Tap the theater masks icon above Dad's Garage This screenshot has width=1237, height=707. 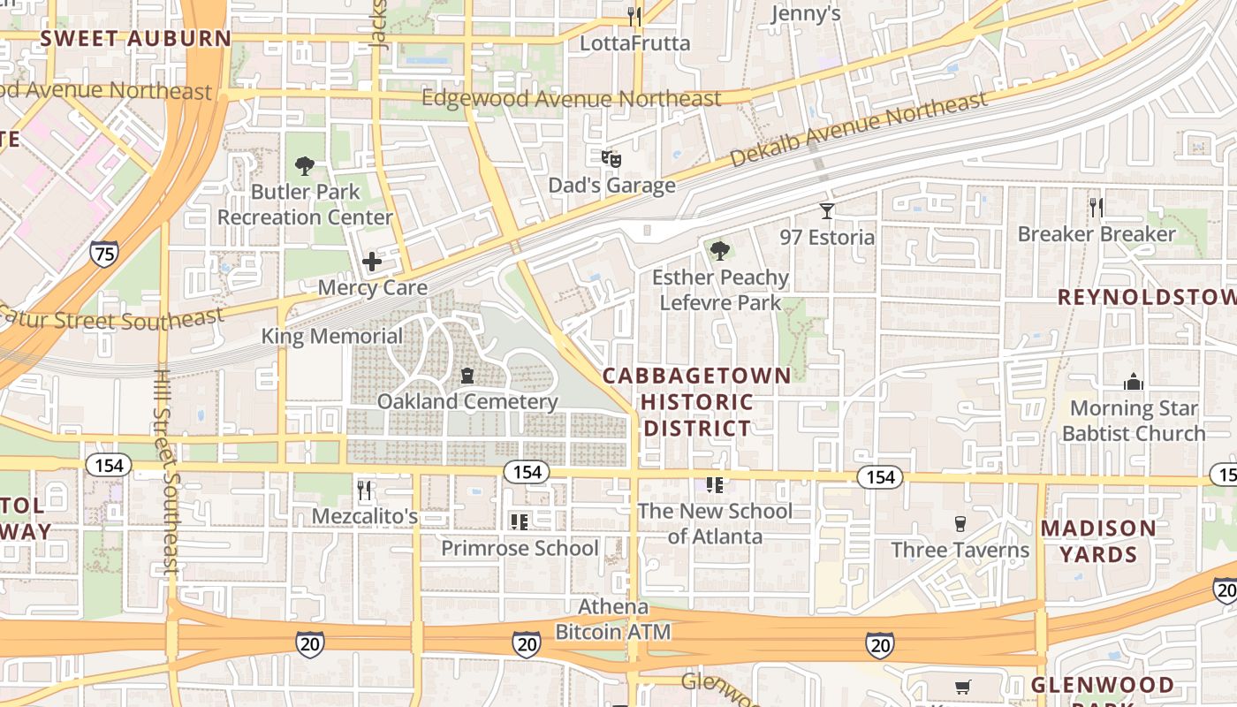click(x=611, y=159)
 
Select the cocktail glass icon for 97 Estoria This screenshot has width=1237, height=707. click(x=826, y=210)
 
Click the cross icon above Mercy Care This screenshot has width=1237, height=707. click(x=372, y=262)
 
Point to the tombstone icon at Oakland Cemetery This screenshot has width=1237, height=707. click(x=467, y=376)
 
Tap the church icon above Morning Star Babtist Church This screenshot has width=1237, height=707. click(x=1134, y=382)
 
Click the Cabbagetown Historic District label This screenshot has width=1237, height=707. click(x=697, y=402)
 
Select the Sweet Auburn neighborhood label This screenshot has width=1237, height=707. click(x=135, y=39)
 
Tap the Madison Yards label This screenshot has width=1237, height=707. click(x=1098, y=542)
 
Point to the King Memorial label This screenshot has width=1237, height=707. click(x=331, y=337)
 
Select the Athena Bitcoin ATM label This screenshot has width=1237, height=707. click(x=613, y=620)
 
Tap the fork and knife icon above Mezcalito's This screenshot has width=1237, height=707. click(x=364, y=489)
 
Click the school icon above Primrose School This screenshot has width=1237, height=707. click(x=520, y=522)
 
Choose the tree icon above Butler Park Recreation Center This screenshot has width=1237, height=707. click(x=305, y=165)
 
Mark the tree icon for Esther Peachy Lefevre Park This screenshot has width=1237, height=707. click(x=720, y=251)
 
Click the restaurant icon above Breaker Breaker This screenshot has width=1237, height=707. click(x=1097, y=208)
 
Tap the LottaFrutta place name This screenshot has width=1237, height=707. click(x=634, y=42)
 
